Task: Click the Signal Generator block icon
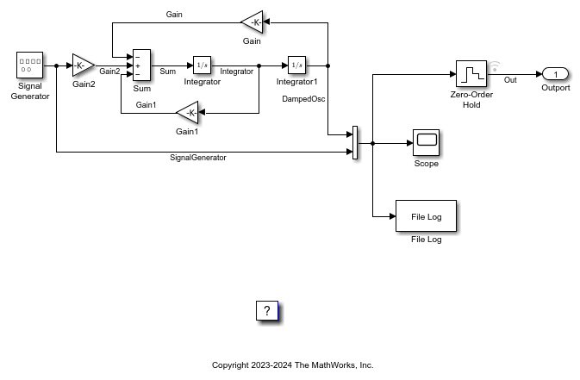[x=29, y=65]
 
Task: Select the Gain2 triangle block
[x=84, y=65]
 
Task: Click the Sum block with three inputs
[x=141, y=65]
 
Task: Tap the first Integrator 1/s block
[x=202, y=65]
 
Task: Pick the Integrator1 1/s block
[x=296, y=65]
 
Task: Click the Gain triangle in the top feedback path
[x=253, y=22]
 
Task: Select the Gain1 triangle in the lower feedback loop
[x=188, y=113]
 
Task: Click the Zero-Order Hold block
[x=471, y=74]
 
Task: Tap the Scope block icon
[x=426, y=142]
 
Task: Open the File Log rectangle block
[x=426, y=216]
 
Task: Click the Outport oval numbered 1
[x=555, y=74]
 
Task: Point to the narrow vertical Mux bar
[x=355, y=143]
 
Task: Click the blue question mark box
[x=267, y=310]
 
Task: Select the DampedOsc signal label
[x=303, y=99]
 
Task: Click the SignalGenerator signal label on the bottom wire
[x=198, y=158]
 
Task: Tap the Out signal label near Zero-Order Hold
[x=510, y=80]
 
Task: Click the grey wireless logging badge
[x=495, y=66]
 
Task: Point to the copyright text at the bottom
[x=293, y=365]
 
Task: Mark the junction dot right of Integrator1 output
[x=327, y=65]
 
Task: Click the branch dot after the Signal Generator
[x=56, y=65]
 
